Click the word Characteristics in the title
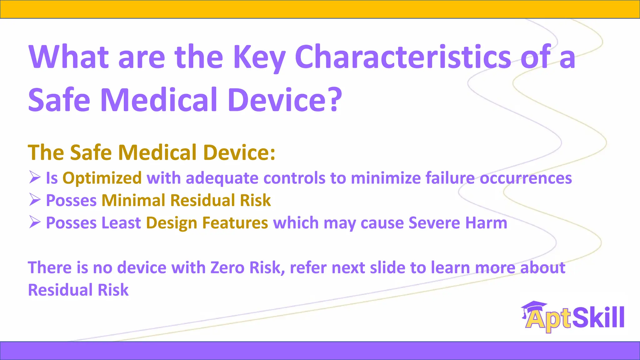pos(403,57)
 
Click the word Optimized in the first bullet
pos(102,178)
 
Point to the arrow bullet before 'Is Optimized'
pos(35,177)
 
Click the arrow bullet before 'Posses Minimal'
pos(35,200)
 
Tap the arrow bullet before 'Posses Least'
pos(35,222)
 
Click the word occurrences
pos(526,178)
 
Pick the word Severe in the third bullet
pos(434,223)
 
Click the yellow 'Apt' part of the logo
pos(548,319)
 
